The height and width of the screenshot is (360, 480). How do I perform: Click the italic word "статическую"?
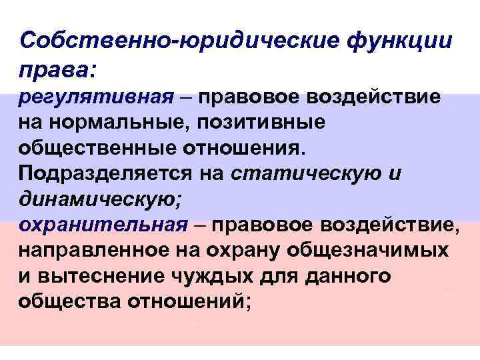307,173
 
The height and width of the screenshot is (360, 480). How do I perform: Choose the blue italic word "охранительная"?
104,223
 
